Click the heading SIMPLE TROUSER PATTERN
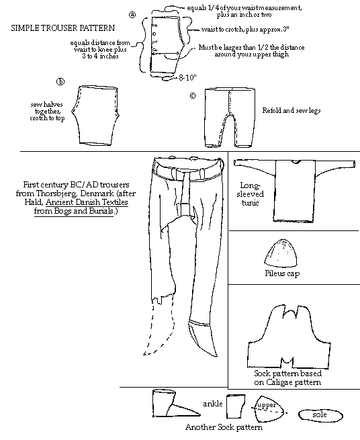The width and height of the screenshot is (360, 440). coord(63,28)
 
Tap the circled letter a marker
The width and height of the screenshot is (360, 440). coord(132,15)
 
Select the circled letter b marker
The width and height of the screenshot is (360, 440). coord(60,82)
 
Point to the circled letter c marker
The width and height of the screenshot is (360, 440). coord(193,95)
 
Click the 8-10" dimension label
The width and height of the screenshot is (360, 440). coord(187,77)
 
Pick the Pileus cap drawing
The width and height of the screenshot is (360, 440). coord(281,253)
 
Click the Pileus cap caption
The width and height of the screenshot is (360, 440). coord(282,273)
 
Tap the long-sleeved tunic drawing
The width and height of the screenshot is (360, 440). coord(295,191)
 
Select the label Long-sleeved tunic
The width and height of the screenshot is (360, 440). coord(250,194)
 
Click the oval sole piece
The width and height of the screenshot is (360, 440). coord(320,415)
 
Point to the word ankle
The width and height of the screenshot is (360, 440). coord(213,404)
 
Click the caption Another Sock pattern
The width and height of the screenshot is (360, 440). coord(224,427)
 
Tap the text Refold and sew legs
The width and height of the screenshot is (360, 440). coord(291,110)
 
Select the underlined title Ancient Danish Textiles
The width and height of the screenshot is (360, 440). coord(87,202)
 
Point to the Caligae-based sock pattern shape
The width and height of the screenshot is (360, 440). coord(289,337)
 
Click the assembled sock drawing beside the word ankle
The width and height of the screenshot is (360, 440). coord(174,404)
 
